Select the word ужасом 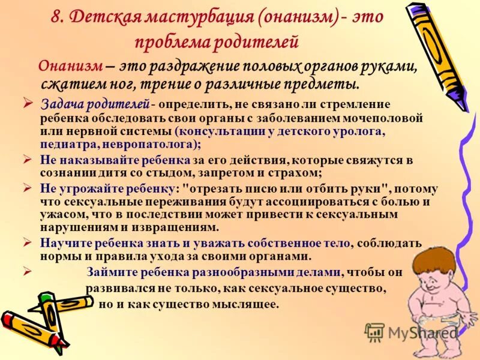pos(60,214)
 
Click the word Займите pos(107,272)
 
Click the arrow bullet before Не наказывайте pos(28,159)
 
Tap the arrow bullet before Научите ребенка pos(28,242)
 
